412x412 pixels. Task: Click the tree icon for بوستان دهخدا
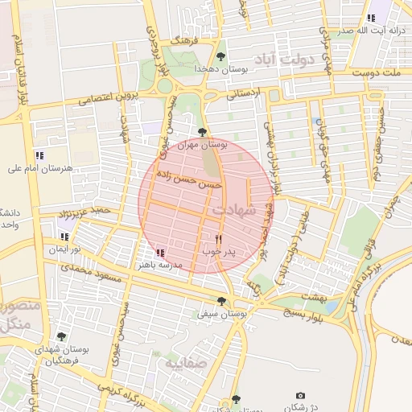221,56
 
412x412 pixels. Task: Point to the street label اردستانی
245,93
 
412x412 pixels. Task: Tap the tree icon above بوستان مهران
202,132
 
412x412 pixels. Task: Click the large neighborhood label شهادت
234,209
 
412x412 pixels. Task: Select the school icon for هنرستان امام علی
39,155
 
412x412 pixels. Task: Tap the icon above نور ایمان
64,237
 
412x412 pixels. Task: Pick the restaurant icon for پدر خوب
218,239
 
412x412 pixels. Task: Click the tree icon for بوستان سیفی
222,300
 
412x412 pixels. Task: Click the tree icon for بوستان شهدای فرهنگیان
61,336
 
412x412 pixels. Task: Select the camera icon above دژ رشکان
300,395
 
